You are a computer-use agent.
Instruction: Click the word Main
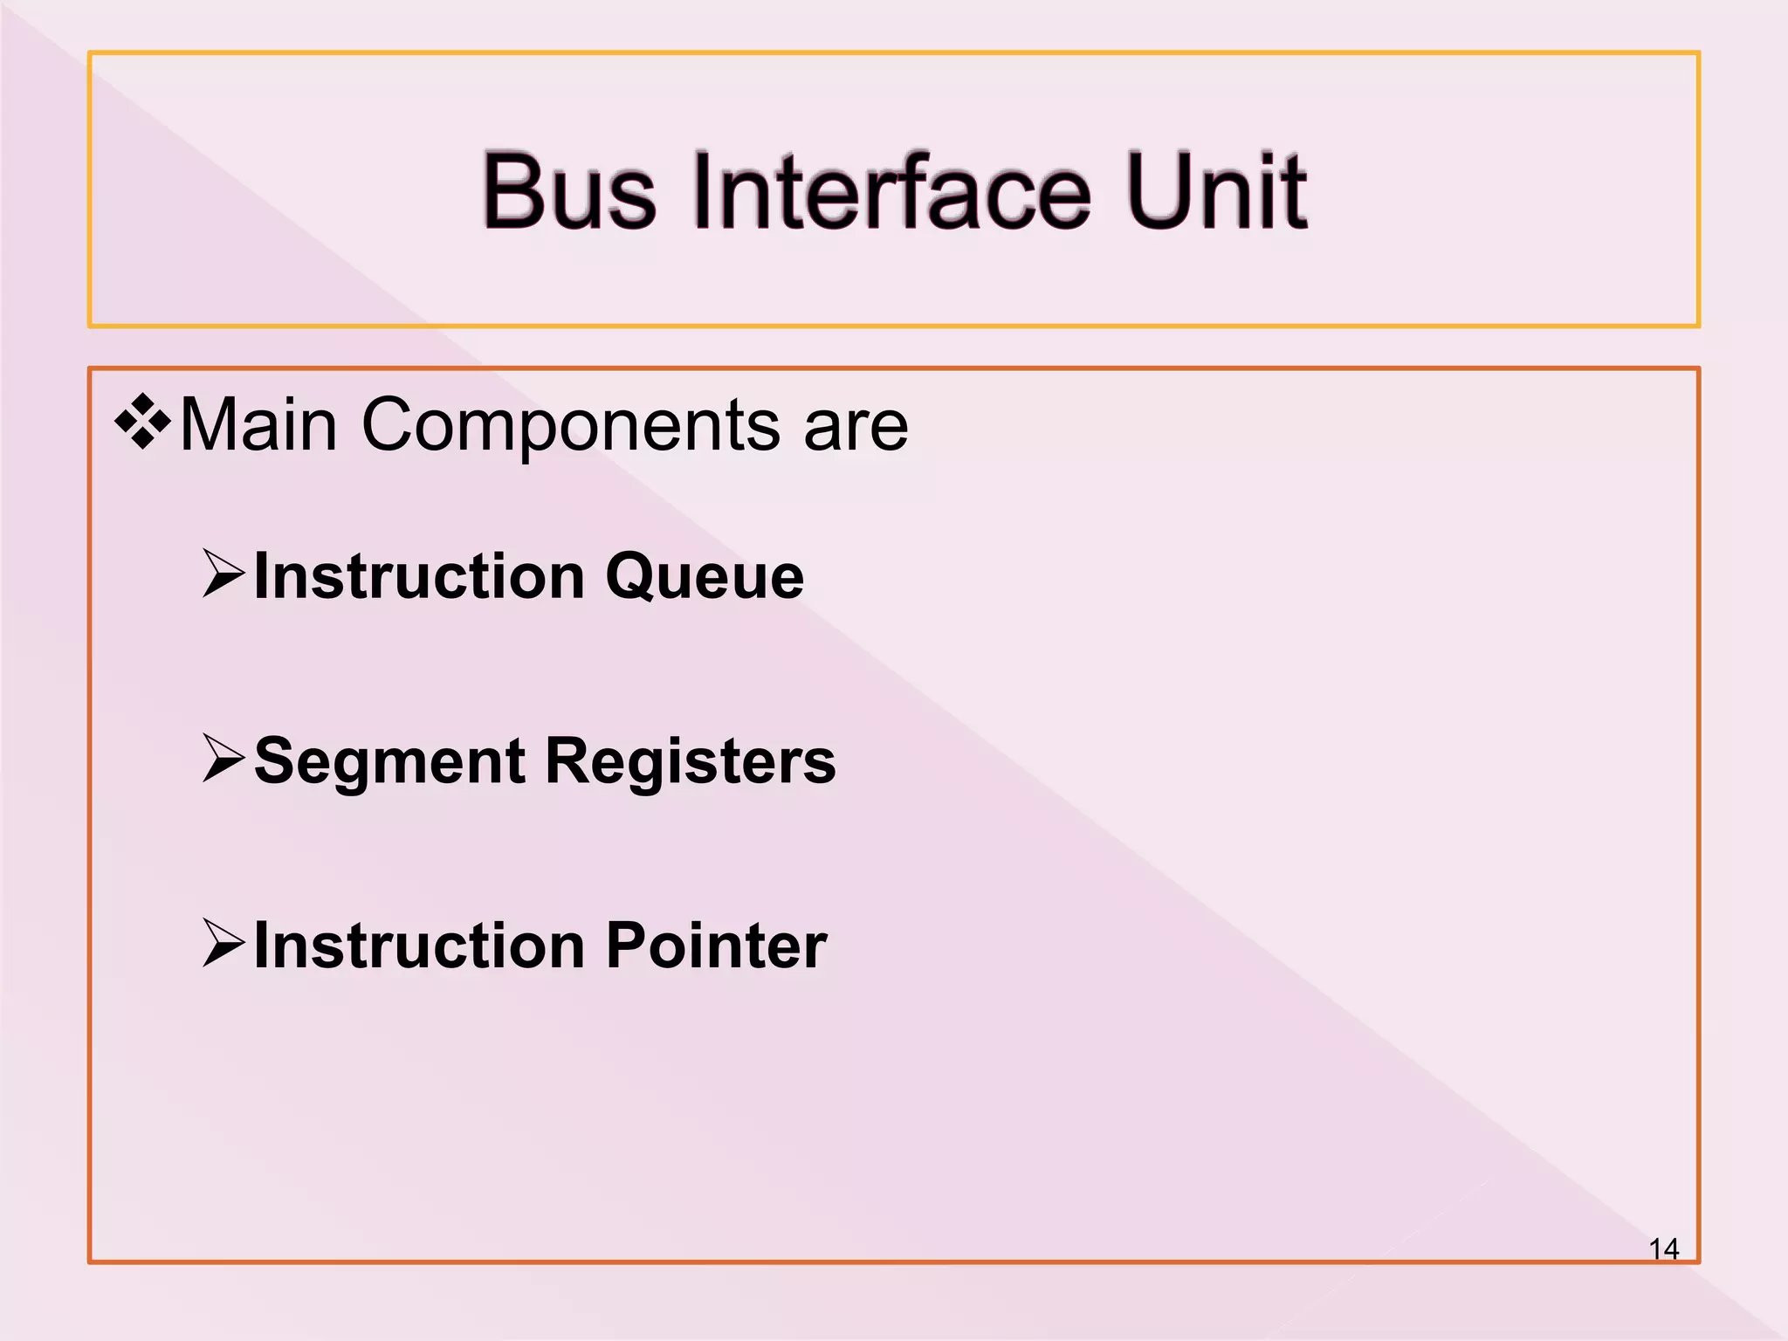click(x=258, y=425)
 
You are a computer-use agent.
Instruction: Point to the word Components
click(x=570, y=425)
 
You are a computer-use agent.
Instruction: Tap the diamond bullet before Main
click(x=142, y=422)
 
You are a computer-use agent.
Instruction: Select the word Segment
click(x=389, y=762)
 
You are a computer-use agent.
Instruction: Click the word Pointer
click(x=716, y=946)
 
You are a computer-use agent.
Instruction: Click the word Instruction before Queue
click(x=419, y=577)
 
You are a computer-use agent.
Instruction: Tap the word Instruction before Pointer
click(x=419, y=946)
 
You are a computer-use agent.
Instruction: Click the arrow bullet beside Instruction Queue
click(x=223, y=574)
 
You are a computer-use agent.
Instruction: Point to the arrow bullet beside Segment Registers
click(x=223, y=758)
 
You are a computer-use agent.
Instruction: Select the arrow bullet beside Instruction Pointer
click(x=223, y=943)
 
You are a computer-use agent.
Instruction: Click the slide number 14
click(x=1663, y=1249)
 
